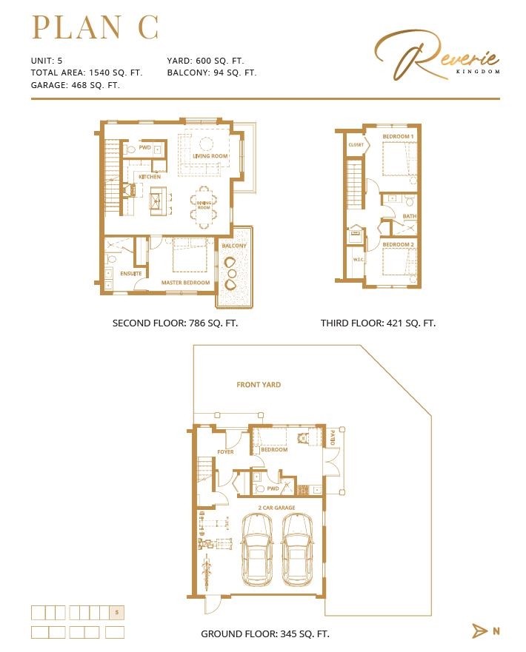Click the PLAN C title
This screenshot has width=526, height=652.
point(95,27)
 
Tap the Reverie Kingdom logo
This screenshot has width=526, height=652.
point(437,57)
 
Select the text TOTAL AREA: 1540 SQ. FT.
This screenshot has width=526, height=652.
point(86,73)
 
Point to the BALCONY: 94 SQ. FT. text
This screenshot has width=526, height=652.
point(211,73)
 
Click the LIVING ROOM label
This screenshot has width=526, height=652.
point(210,156)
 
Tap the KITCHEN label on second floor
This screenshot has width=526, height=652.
point(150,177)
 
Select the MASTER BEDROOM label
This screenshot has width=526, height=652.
point(186,283)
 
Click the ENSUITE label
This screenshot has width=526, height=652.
point(131,274)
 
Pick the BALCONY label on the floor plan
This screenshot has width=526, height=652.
point(234,246)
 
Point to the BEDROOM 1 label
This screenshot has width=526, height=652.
point(398,138)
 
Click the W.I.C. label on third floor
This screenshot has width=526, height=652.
point(359,259)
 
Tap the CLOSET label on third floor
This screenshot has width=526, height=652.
point(356,145)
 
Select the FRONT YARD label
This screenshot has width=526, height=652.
point(259,385)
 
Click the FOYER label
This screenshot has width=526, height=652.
point(225,451)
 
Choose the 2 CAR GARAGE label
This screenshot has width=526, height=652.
point(276,508)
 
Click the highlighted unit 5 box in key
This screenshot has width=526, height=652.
point(116,612)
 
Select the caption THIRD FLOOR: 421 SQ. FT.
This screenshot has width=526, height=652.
point(378,323)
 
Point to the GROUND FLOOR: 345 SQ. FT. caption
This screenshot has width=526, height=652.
point(265,634)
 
